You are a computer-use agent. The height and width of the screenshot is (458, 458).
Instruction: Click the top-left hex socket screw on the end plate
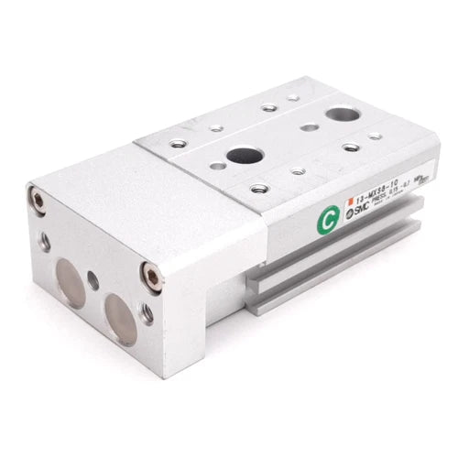click(38, 199)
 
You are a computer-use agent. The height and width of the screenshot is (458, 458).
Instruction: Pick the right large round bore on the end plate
click(120, 311)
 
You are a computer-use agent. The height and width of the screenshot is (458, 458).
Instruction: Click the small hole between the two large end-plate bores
click(93, 280)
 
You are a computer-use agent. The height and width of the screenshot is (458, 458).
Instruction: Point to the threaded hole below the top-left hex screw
click(43, 242)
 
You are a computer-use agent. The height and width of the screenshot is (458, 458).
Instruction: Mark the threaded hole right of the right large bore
click(147, 314)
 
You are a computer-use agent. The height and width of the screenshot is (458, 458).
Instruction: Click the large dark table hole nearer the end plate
click(245, 155)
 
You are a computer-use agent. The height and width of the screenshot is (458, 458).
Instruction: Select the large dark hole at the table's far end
click(342, 115)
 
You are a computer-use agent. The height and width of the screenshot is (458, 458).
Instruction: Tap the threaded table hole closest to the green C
click(259, 189)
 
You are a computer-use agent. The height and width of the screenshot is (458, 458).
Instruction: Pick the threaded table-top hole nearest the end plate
click(177, 143)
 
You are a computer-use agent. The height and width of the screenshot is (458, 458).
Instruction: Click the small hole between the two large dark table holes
click(311, 127)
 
